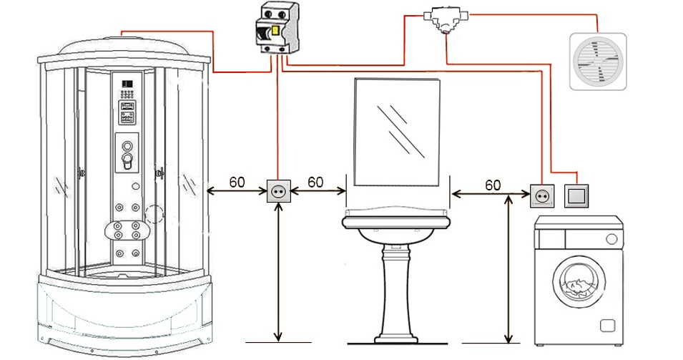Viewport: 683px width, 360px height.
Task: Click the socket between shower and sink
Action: pos(278,191)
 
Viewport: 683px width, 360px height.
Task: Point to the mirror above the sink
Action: pos(397,132)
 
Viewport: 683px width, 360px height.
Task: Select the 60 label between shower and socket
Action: pos(237,182)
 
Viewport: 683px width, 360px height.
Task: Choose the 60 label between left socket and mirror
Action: pos(315,182)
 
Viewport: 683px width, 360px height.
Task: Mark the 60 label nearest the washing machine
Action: pos(493,185)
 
